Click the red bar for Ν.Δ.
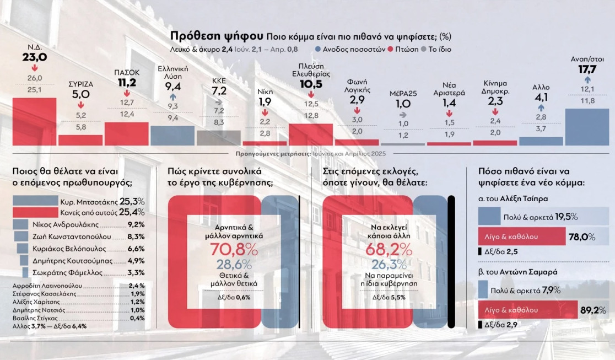coord(34,121)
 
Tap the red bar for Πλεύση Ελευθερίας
coord(310,134)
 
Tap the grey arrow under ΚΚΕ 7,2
coord(219,102)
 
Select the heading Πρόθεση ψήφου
coord(216,36)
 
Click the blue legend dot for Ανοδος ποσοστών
coord(319,49)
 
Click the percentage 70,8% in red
coord(234,250)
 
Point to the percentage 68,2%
coord(389,250)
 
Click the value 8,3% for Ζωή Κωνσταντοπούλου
coord(136,236)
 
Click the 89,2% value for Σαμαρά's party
coord(594,310)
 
